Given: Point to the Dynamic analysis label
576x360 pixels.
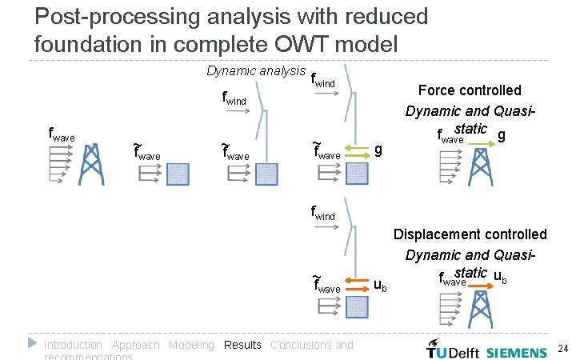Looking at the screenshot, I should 255,71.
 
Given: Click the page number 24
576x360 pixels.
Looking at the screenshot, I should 562,349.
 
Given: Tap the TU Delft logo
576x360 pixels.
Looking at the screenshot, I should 453,351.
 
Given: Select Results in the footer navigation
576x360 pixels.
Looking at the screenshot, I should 242,345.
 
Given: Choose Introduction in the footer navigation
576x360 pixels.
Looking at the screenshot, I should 73,345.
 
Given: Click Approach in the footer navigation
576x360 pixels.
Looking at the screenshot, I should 135,345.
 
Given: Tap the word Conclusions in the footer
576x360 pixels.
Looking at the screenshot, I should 302,345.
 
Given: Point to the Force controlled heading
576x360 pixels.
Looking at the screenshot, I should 470,90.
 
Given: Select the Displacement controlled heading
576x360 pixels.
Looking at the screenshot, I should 470,234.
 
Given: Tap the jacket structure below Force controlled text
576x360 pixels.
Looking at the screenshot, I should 481,168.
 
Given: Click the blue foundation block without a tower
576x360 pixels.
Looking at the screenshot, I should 178,174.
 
